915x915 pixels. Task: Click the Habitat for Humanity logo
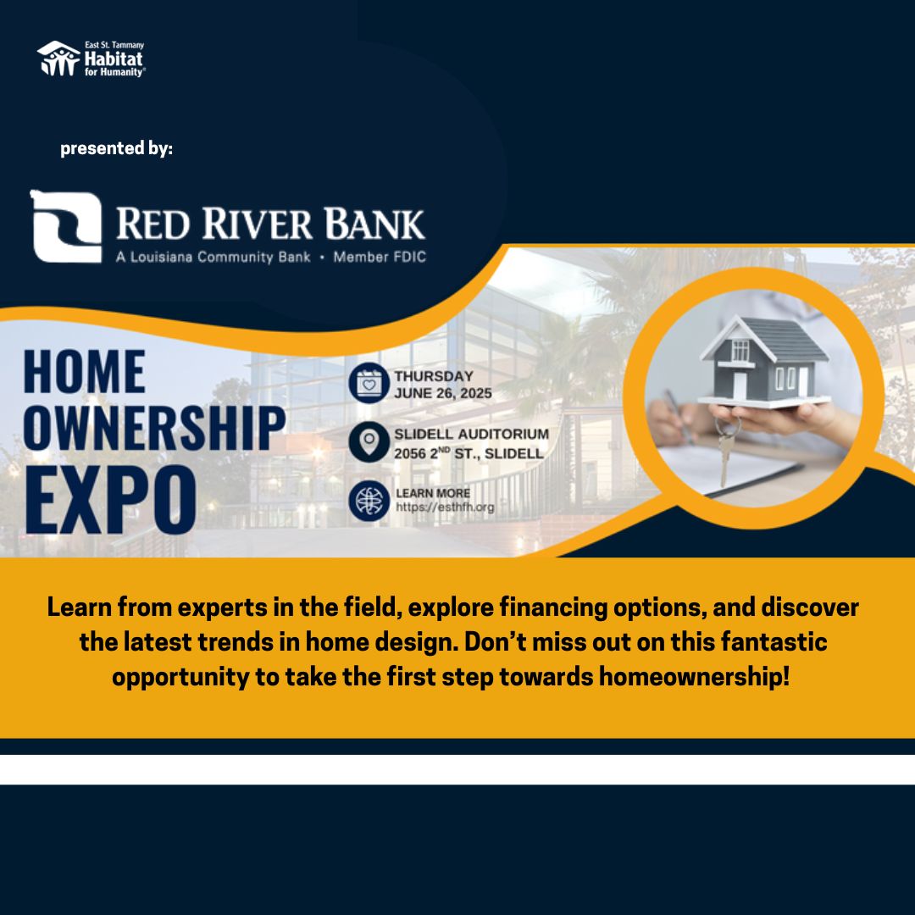point(91,58)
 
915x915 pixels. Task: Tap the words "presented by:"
point(117,148)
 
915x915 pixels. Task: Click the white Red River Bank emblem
point(66,226)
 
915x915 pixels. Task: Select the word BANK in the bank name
point(374,224)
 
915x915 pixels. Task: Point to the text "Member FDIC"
point(380,257)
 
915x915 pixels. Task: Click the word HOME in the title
point(85,372)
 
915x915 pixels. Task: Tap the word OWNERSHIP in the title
point(155,428)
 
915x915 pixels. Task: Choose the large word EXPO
point(110,500)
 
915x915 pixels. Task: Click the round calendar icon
point(369,383)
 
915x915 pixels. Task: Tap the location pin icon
point(369,442)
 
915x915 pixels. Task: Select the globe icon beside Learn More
point(369,501)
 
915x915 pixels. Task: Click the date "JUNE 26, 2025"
point(443,393)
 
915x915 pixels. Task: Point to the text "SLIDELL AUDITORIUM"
point(472,434)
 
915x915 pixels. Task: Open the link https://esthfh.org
point(446,507)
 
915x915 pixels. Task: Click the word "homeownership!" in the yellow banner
point(695,677)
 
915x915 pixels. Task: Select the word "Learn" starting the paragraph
point(80,607)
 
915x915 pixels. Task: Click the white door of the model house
point(740,385)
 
